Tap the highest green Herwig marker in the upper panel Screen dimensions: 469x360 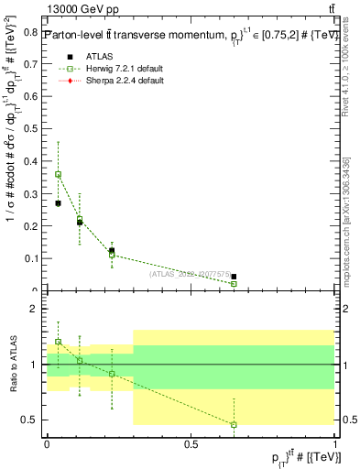coord(59,174)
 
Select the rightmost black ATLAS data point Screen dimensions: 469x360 coord(234,277)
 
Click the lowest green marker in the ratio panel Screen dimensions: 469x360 coord(234,424)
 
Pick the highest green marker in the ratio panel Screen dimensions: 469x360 coord(59,341)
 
